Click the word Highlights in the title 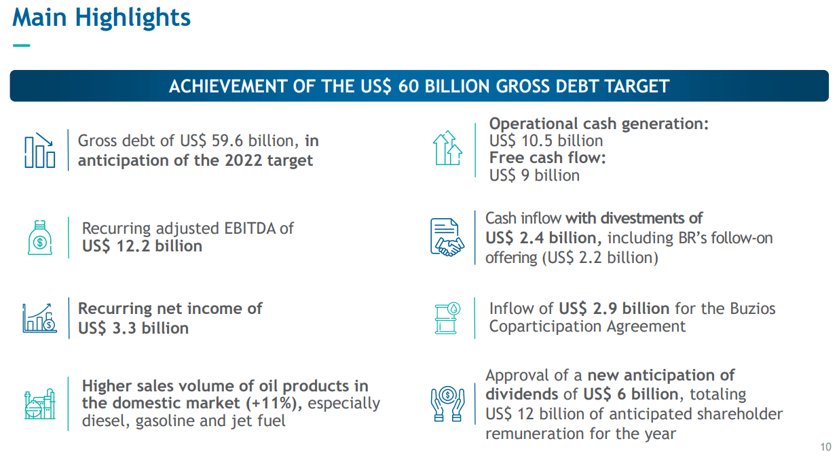[x=133, y=18]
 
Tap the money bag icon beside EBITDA [x=39, y=238]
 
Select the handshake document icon [x=447, y=237]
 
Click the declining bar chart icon [x=39, y=150]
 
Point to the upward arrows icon [x=447, y=148]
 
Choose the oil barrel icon [x=447, y=318]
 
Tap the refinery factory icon [x=39, y=404]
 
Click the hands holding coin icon [x=447, y=404]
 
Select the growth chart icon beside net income [x=39, y=318]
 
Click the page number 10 [x=825, y=447]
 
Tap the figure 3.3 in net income [x=124, y=328]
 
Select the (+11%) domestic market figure [x=274, y=404]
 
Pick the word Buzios [x=753, y=309]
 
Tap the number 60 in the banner [x=409, y=86]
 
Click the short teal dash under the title [x=21, y=46]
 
